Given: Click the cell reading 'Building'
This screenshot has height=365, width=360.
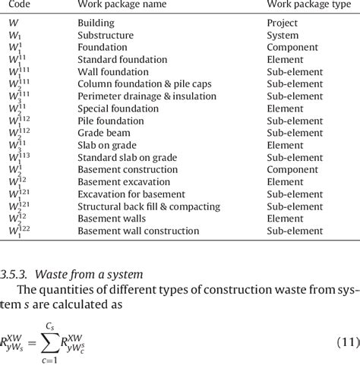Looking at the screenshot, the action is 96,23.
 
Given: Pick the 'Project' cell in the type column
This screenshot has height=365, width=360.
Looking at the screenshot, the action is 282,23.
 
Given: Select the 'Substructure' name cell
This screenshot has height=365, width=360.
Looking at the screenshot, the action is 106,35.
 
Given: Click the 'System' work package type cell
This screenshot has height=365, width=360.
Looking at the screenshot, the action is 282,35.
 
